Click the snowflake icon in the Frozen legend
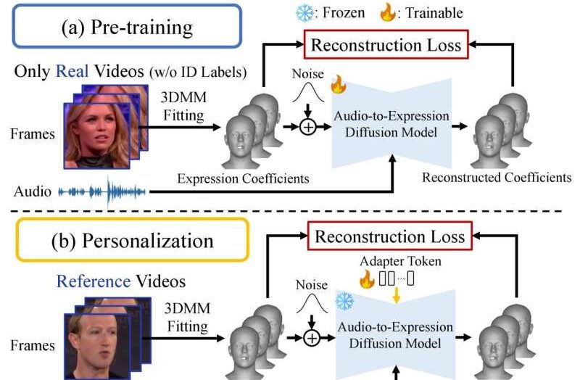pos(304,13)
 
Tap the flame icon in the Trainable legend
pos(387,12)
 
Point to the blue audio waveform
pos(102,191)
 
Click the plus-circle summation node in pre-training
pos(307,128)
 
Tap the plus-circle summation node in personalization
pos(312,338)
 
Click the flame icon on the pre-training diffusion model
pos(338,84)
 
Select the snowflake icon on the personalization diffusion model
pos(344,301)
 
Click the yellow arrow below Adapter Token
pos(396,295)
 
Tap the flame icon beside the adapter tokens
pos(367,279)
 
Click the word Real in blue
pos(72,71)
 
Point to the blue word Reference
pos(94,281)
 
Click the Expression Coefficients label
pos(243,178)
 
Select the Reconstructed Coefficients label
pos(497,178)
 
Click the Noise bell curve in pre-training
pos(308,93)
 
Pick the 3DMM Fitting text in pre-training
pos(183,106)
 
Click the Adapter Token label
pos(401,261)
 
